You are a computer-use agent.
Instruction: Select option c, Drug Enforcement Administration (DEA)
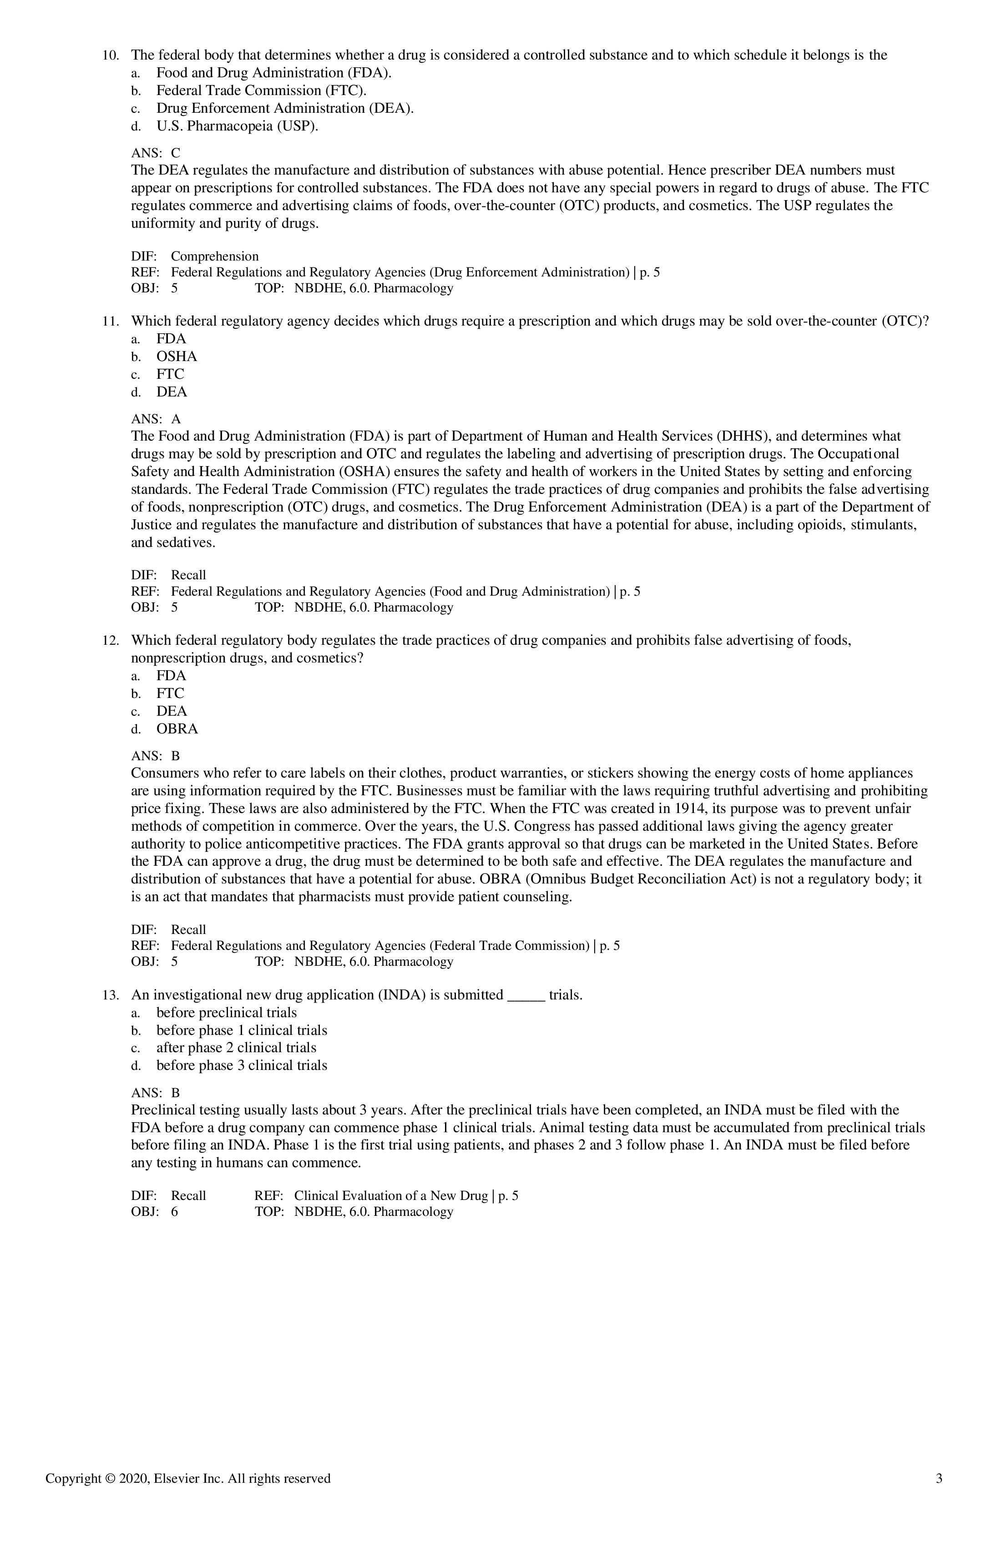click(x=285, y=109)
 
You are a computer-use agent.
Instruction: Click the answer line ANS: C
click(x=156, y=153)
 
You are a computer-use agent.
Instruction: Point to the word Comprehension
click(x=214, y=256)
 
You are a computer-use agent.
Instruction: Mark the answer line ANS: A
click(x=156, y=420)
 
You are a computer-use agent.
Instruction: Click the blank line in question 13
click(x=525, y=998)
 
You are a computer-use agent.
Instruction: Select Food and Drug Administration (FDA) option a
click(x=273, y=73)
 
